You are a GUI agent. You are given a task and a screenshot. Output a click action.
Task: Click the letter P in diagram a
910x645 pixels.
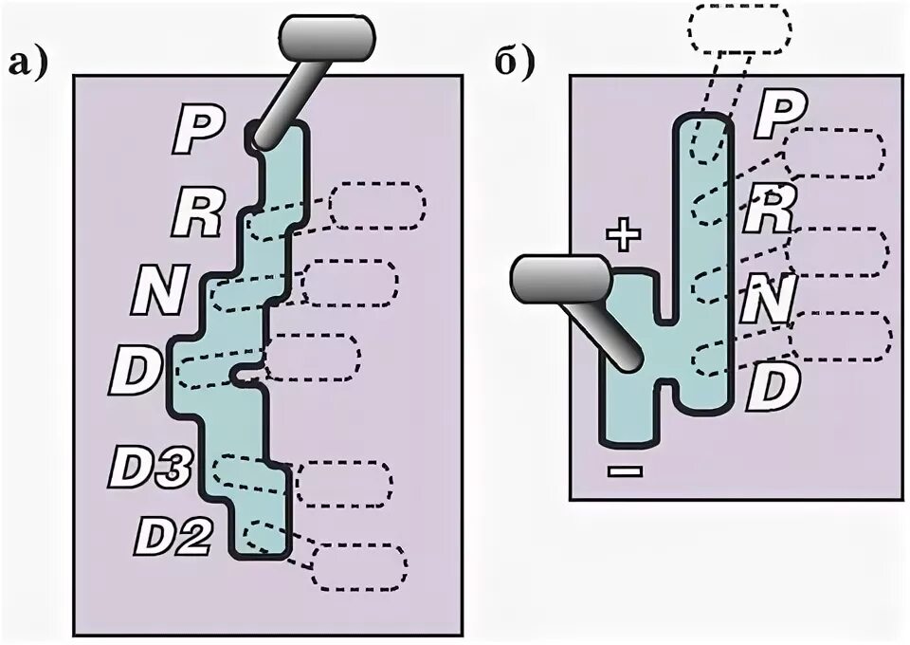196,130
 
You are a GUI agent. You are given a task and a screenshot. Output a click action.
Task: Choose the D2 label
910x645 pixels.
172,537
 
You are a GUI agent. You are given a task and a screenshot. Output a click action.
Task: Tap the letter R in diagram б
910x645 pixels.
768,211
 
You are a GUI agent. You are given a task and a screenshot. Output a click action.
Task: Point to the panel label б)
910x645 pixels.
515,64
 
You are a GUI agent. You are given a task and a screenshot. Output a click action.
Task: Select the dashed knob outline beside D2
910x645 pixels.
360,566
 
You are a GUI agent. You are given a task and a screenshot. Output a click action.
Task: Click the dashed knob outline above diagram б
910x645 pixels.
739,28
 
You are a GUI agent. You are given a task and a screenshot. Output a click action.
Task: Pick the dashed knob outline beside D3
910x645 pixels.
344,484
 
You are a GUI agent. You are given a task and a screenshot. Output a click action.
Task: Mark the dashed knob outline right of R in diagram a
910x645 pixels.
377,205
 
